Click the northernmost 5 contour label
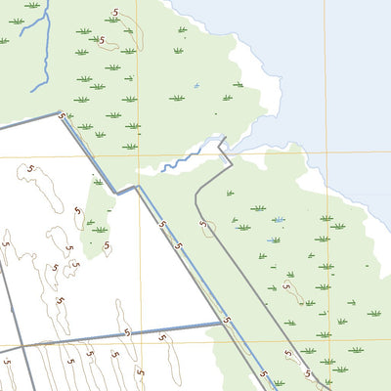pyautogui.click(x=116, y=12)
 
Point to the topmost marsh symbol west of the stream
pyautogui.click(x=34, y=6)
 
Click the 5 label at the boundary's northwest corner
pyautogui.click(x=63, y=116)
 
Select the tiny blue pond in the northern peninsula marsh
pyautogui.click(x=196, y=86)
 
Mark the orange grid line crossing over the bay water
pyautogui.click(x=326, y=59)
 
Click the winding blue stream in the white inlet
pyautogui.click(x=181, y=159)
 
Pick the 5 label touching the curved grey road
pyautogui.click(x=205, y=226)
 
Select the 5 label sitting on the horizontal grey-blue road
pyautogui.click(x=127, y=333)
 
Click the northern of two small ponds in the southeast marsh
pyautogui.click(x=280, y=219)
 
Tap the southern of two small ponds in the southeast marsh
pyautogui.click(x=275, y=239)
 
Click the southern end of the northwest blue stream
pyautogui.click(x=32, y=91)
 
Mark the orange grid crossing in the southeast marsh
pyautogui.click(x=328, y=342)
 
